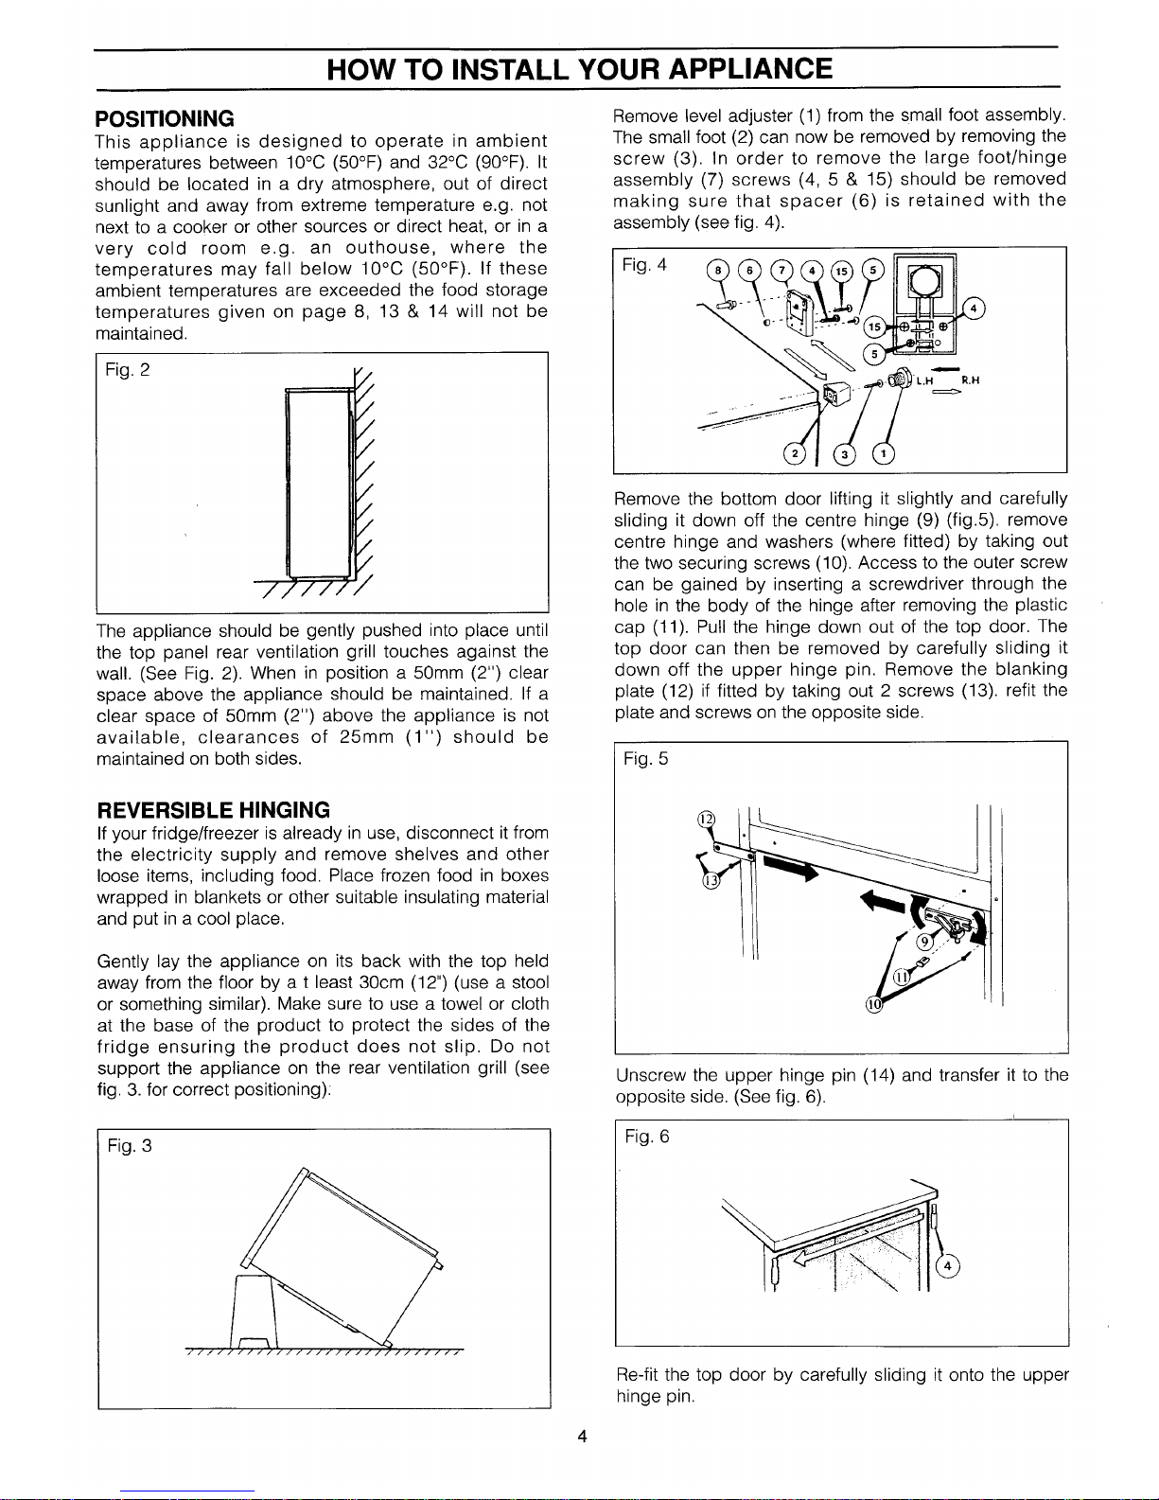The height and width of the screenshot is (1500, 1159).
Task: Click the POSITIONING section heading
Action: point(165,118)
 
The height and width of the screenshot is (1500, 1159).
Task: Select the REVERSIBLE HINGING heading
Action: point(214,810)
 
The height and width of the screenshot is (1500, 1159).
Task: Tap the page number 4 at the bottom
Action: point(583,1438)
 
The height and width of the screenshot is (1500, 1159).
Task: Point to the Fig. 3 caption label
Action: point(131,1146)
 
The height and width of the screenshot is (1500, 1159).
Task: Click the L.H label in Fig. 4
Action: point(925,381)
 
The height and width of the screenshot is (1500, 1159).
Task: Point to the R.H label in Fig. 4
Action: point(968,381)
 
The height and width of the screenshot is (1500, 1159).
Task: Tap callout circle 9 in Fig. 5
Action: point(924,940)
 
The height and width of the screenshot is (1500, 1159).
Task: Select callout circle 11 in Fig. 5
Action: point(903,976)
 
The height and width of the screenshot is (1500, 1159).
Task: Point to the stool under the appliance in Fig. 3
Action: point(253,1311)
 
